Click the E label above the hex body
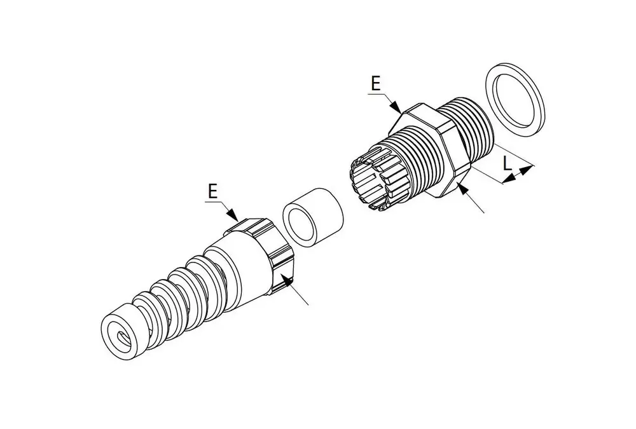376,83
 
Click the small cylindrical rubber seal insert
313,218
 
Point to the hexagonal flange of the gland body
429,151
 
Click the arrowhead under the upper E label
396,106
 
